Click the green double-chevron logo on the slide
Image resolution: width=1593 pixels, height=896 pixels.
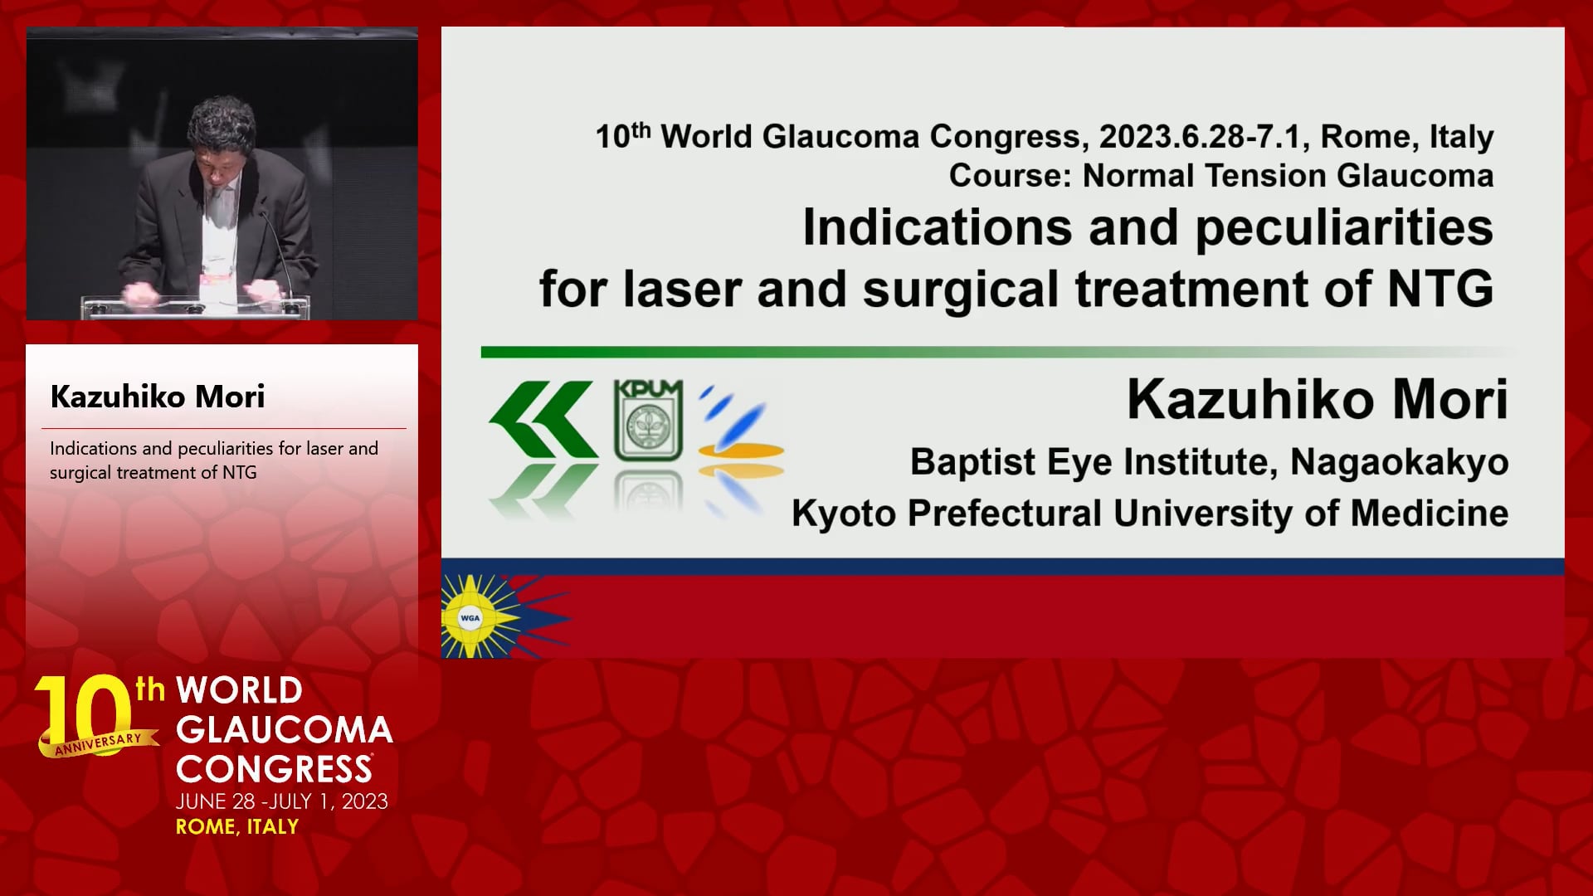tap(543, 419)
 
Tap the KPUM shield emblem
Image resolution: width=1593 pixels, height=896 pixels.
tap(648, 420)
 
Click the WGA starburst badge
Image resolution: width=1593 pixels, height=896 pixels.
tap(470, 617)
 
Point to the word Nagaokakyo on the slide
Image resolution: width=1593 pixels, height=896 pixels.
tap(1399, 463)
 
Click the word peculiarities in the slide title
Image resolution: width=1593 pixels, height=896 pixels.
tap(1344, 227)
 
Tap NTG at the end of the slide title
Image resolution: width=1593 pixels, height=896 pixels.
tap(1440, 289)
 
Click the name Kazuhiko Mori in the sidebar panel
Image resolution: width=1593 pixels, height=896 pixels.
tap(158, 397)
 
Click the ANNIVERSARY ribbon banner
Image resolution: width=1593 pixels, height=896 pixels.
tap(98, 743)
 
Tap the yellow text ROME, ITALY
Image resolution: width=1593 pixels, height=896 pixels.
tap(237, 826)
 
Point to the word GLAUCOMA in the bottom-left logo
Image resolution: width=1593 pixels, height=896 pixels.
tap(285, 730)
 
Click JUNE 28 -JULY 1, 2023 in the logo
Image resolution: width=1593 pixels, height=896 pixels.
tap(282, 801)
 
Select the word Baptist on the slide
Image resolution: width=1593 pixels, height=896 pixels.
tap(973, 462)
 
